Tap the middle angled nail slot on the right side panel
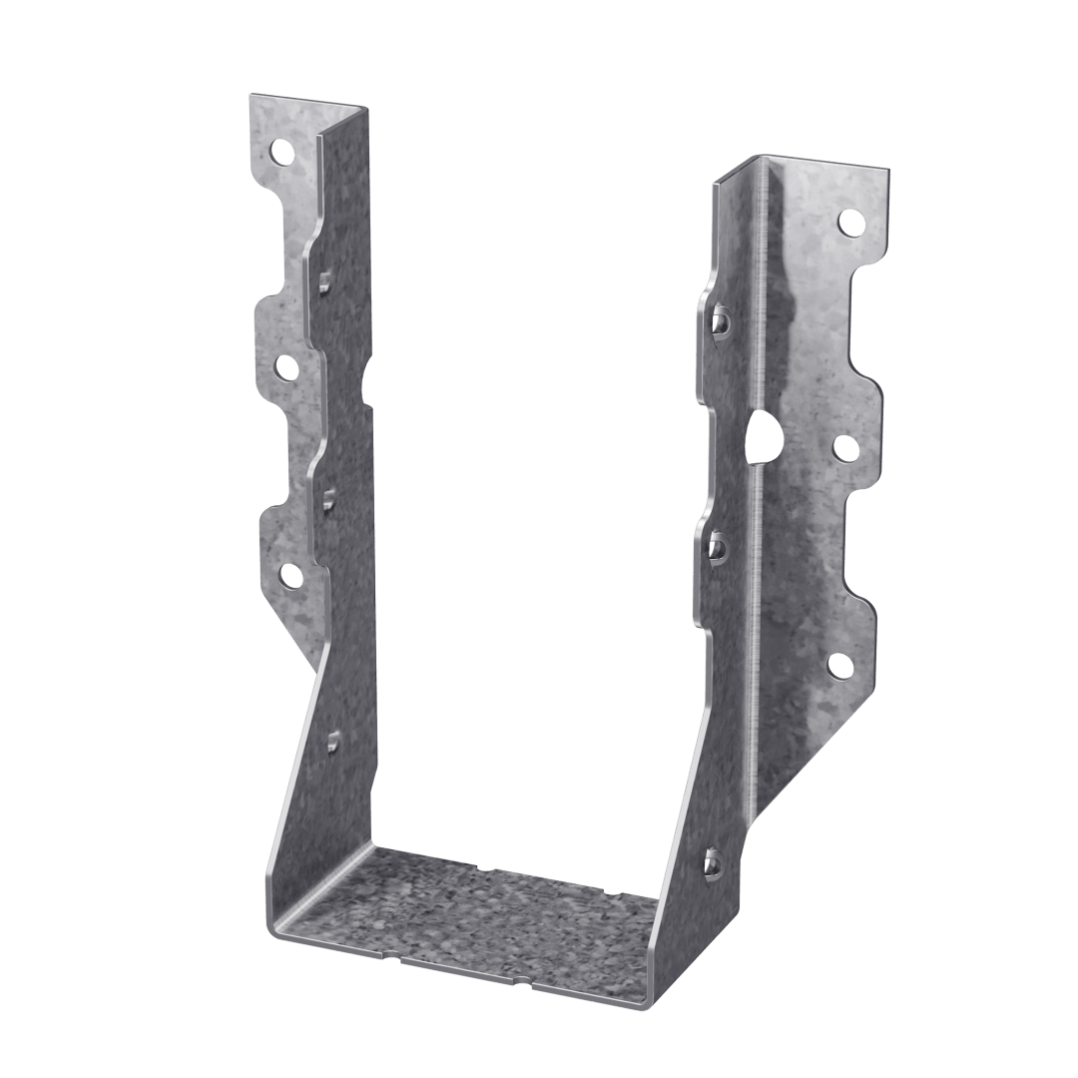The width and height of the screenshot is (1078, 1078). point(717,546)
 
